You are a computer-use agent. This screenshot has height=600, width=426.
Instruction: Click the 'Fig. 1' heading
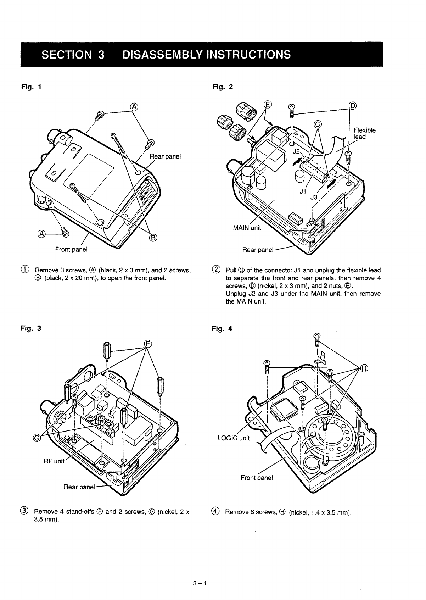coord(33,87)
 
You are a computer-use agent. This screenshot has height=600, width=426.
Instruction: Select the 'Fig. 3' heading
coord(33,328)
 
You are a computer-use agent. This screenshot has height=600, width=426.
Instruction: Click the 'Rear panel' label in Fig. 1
coord(166,156)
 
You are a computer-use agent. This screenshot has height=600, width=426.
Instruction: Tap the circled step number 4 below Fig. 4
coord(214,512)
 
